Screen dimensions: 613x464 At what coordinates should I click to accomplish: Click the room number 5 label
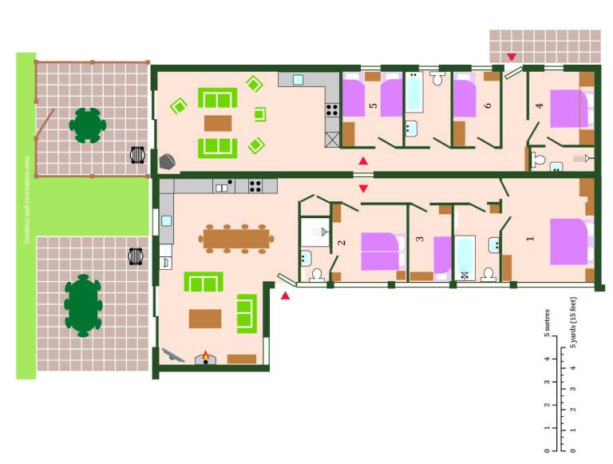[374, 105]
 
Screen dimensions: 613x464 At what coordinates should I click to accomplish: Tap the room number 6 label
[487, 105]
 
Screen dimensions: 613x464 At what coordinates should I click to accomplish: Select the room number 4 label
[539, 105]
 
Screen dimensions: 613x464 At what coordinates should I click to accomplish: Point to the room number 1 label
[531, 238]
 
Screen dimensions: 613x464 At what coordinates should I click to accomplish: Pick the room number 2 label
[342, 243]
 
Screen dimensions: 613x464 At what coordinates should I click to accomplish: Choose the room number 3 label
[420, 238]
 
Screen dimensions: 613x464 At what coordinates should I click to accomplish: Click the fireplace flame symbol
[206, 355]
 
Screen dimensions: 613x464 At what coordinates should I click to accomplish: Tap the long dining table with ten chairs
[236, 239]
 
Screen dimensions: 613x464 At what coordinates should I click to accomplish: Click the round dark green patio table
[88, 125]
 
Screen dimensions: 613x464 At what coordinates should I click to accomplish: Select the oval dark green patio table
[83, 306]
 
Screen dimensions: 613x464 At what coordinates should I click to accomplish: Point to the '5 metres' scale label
[547, 323]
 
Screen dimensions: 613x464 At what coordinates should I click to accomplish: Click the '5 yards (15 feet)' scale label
[573, 323]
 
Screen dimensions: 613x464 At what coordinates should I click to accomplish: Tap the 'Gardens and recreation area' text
[26, 200]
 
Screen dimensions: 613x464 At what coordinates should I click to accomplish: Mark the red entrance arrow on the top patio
[512, 58]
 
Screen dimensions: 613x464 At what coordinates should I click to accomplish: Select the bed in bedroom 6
[465, 95]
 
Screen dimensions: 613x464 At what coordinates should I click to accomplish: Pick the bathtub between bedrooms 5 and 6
[413, 93]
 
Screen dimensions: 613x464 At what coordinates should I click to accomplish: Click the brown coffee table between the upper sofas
[218, 123]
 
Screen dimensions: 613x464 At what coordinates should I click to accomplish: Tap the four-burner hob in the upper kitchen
[332, 109]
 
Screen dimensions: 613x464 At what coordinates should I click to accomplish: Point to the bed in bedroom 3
[443, 258]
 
